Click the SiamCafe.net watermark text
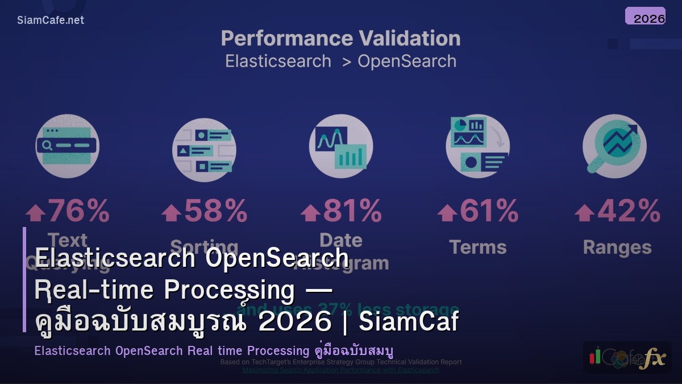(50, 20)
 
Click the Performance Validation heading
(340, 39)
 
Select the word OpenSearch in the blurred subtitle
(406, 61)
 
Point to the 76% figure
(78, 211)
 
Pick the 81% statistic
(352, 211)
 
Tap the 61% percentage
(489, 211)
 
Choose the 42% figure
(628, 211)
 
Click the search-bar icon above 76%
(67, 146)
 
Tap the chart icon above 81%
(341, 146)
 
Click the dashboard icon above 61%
(477, 146)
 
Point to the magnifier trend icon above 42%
(614, 146)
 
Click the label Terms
(477, 247)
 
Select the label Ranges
(617, 248)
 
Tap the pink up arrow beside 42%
(584, 213)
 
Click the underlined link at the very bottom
(340, 370)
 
